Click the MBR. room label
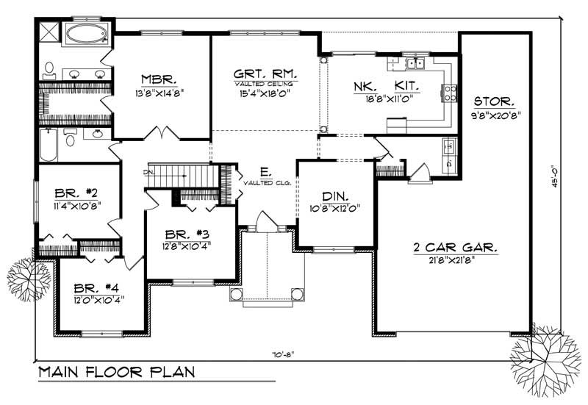[x=157, y=79]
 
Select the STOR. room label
[x=493, y=101]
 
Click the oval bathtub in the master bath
[x=87, y=33]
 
